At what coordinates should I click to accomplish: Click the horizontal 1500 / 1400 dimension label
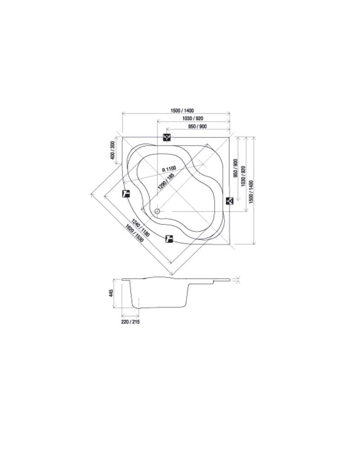182,110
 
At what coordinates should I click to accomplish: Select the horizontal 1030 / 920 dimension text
193,118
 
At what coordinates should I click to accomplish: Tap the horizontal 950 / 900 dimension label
198,126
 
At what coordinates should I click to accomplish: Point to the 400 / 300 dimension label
112,150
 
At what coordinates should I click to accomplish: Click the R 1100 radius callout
169,169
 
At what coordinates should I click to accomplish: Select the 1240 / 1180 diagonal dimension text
140,228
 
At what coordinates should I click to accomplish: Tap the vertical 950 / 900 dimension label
236,168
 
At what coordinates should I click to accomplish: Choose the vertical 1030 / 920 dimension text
243,176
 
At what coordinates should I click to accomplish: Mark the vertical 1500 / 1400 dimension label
251,192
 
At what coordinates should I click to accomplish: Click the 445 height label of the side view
112,293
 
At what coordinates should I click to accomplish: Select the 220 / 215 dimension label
130,322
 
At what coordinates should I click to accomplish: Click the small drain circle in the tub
157,211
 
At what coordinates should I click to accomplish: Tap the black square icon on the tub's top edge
167,137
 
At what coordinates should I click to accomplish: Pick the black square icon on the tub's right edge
229,201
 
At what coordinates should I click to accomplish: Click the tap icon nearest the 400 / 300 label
126,194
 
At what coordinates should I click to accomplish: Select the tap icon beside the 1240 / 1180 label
169,239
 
